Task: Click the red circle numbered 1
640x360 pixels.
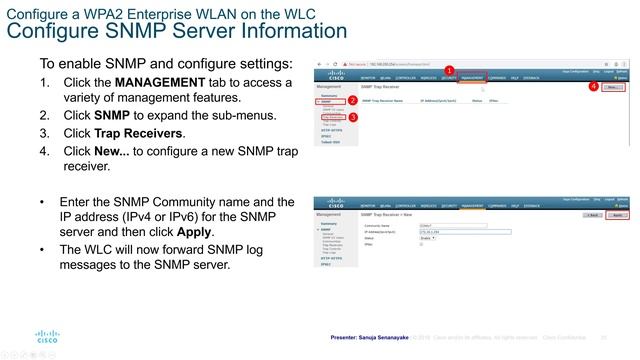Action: coord(449,70)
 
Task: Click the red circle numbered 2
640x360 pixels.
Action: coord(353,102)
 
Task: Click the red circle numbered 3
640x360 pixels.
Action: coord(353,118)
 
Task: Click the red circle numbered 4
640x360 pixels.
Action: coord(594,87)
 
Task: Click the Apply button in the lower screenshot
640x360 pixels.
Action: coord(618,215)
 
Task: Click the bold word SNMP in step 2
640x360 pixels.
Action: coord(114,115)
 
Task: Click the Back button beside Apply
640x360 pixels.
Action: coord(590,215)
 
